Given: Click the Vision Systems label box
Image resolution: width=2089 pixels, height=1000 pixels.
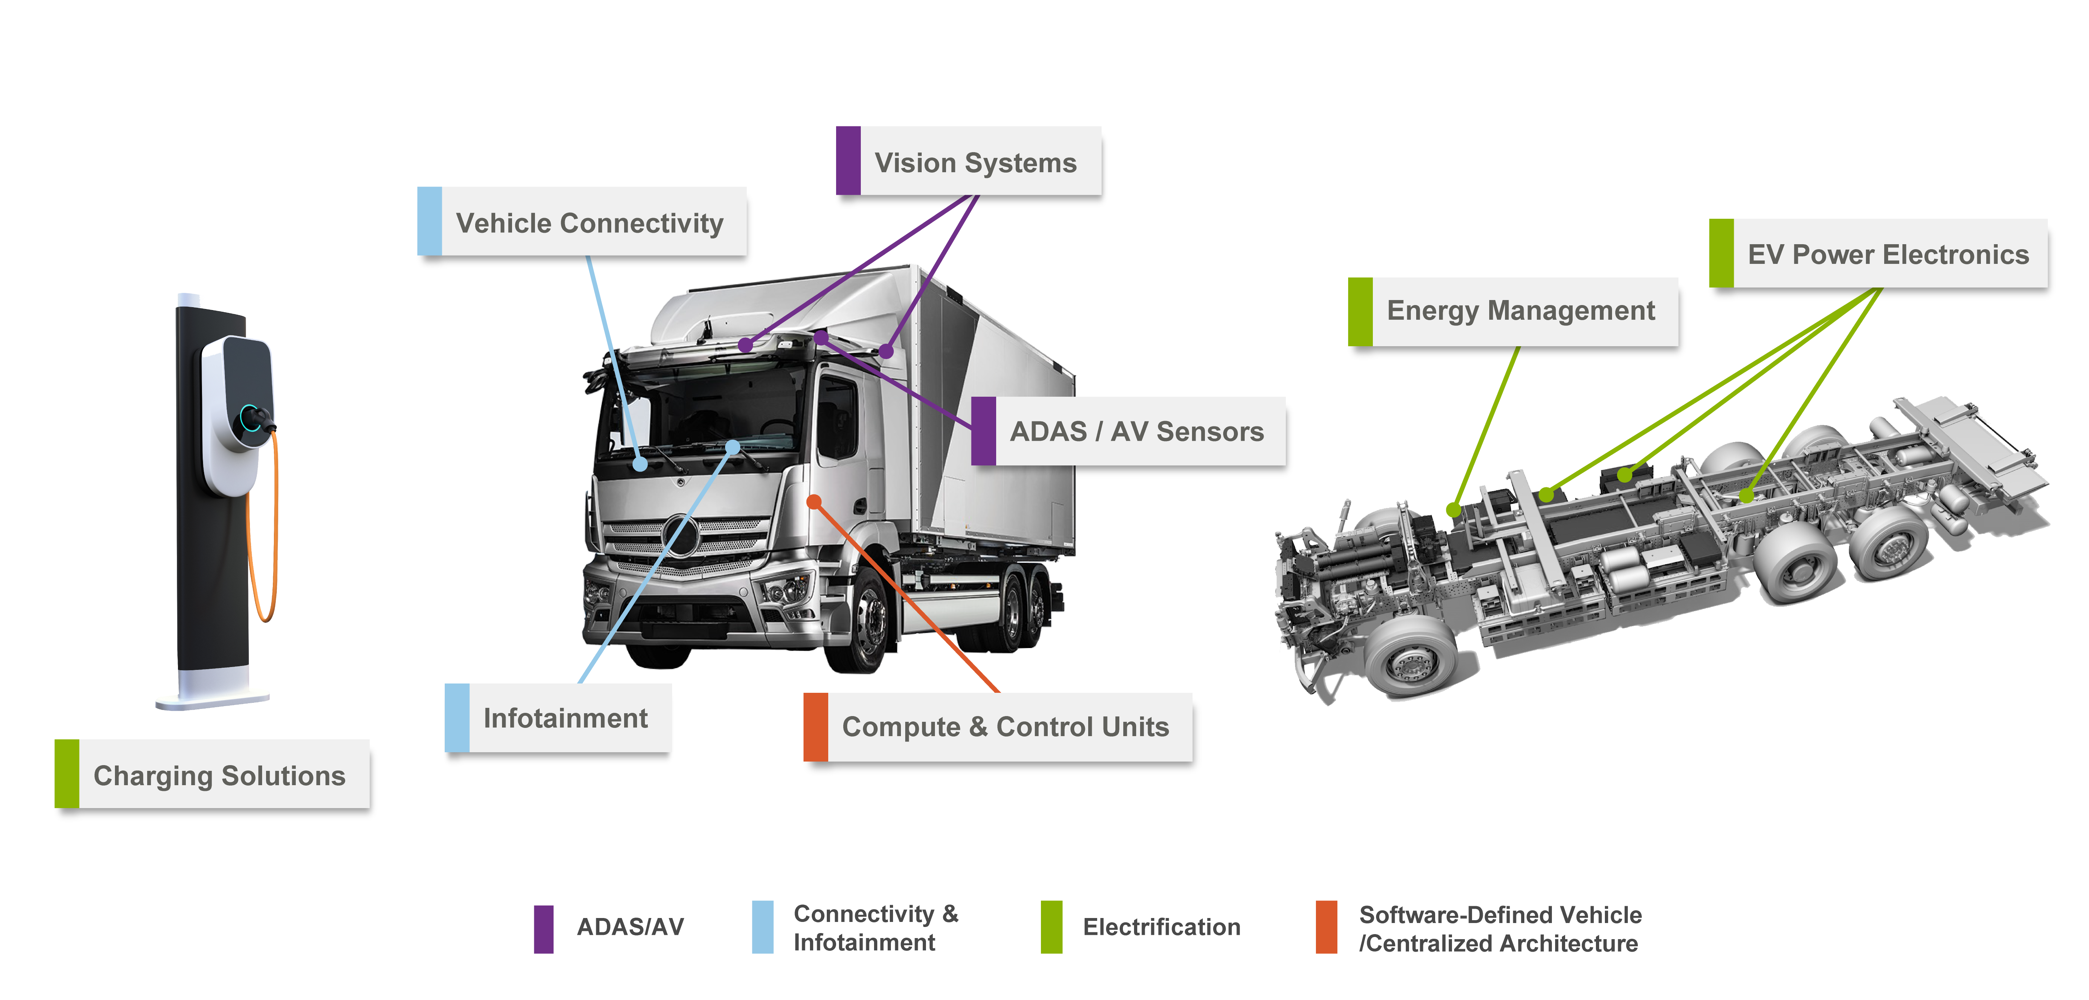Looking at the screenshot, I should [969, 161].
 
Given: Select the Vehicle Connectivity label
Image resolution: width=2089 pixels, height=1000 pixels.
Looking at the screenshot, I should [582, 222].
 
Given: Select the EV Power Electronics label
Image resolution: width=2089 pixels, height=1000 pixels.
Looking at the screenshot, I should [1879, 254].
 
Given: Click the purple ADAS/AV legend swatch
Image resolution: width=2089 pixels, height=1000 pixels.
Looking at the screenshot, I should [543, 929].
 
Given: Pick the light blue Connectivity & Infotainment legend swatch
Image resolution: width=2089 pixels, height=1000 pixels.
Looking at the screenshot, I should [762, 927].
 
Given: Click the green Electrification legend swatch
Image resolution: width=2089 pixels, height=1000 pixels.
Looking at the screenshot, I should [1052, 927].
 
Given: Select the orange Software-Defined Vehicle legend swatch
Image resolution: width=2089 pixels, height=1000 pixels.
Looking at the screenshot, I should [1327, 927].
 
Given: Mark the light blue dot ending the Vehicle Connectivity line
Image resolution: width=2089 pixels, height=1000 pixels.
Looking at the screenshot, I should [640, 464].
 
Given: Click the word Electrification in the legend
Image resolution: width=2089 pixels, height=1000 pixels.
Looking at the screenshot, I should [1161, 927].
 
